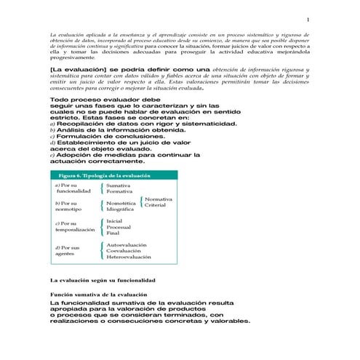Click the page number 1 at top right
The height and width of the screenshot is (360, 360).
[308, 20]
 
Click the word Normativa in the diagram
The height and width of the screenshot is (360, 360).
[158, 199]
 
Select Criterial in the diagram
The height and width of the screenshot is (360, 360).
[155, 205]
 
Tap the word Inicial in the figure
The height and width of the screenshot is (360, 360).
[114, 220]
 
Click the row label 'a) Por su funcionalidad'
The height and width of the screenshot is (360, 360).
[72, 190]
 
